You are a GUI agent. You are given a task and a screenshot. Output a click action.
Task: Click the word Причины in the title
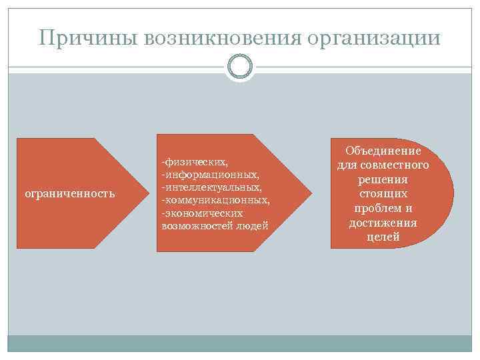click(x=81, y=37)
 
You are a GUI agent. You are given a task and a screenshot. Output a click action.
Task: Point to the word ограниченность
click(x=69, y=194)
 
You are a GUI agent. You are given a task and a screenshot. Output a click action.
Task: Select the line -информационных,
click(x=210, y=174)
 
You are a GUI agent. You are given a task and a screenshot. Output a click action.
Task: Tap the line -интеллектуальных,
click(x=211, y=187)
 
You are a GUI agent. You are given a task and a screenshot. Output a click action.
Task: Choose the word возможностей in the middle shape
click(x=196, y=225)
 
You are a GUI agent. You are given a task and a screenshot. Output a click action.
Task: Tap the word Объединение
click(x=383, y=151)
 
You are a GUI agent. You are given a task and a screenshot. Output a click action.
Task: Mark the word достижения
click(x=383, y=223)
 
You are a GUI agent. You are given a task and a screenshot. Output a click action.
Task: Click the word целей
click(x=383, y=237)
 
